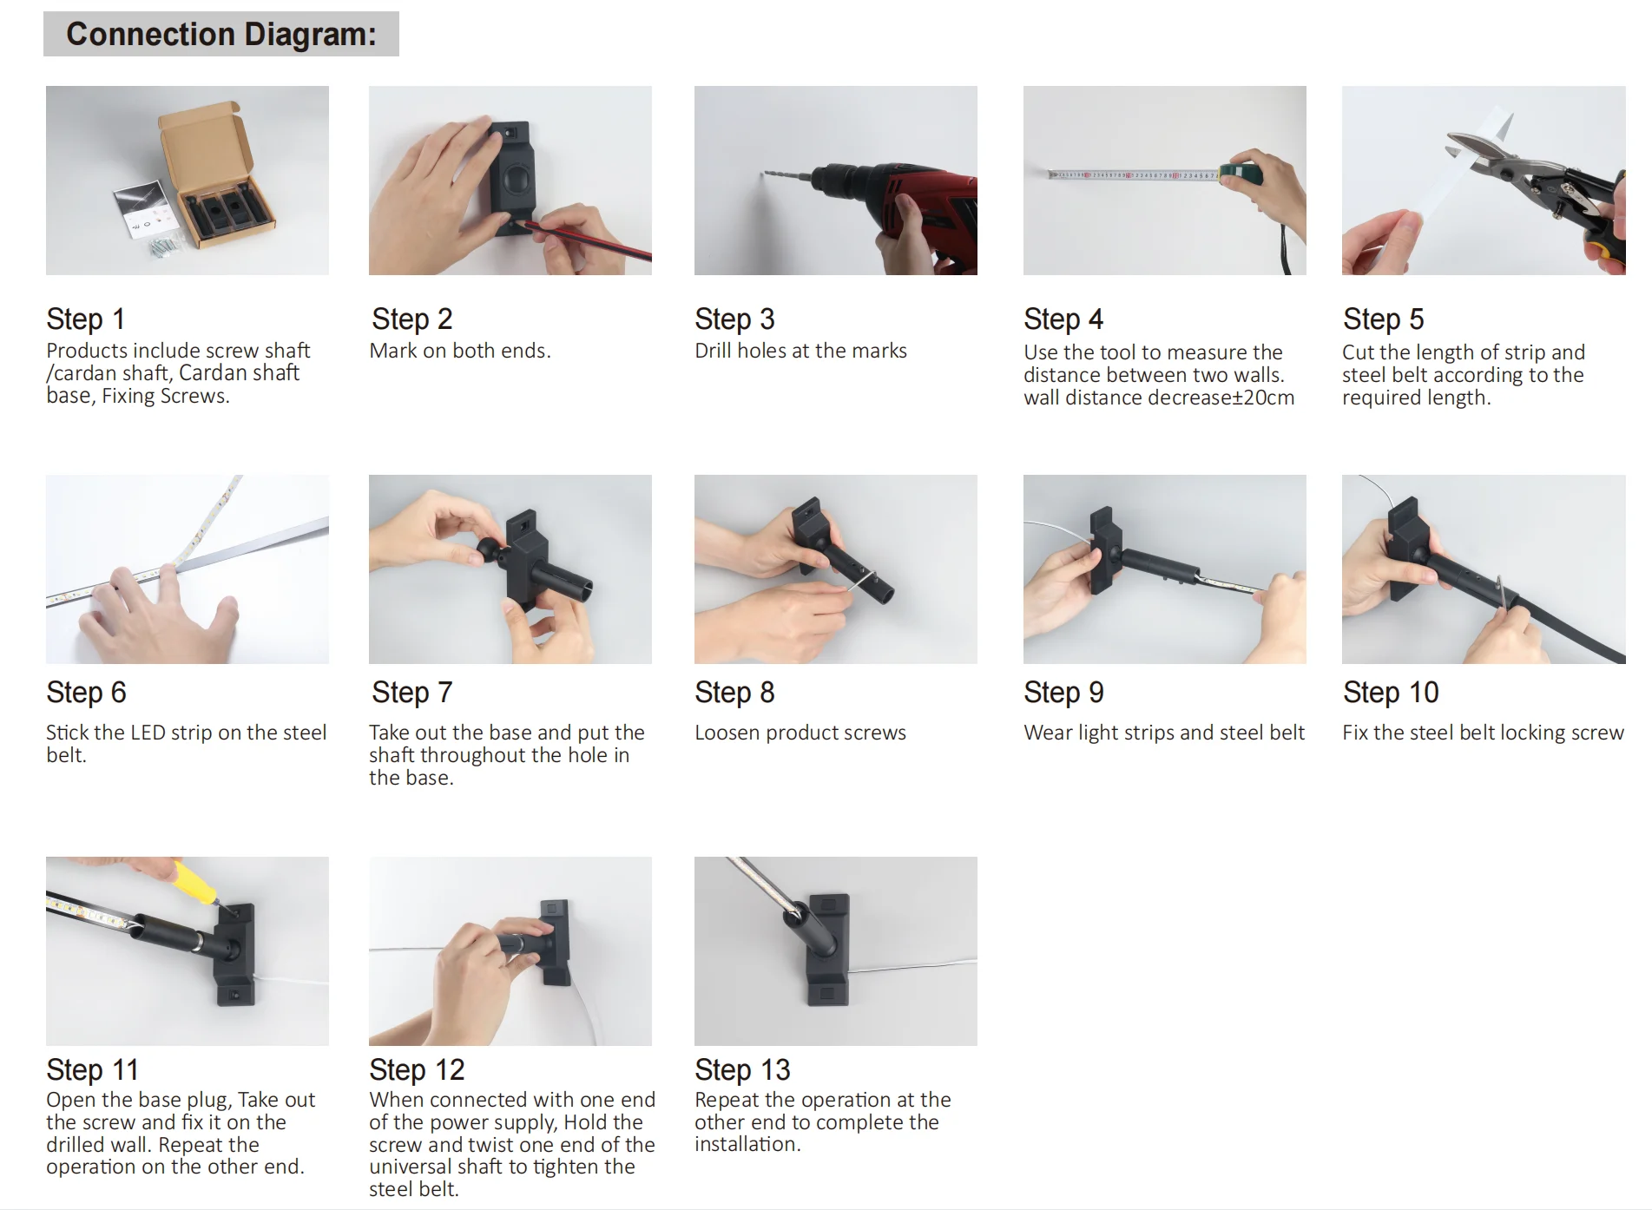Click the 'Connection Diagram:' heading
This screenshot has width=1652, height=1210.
click(221, 34)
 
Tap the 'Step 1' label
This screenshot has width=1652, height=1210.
click(85, 319)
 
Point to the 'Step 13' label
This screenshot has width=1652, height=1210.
click(742, 1069)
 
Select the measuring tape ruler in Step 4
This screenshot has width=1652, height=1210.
click(1134, 175)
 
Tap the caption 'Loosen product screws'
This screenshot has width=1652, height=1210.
click(800, 733)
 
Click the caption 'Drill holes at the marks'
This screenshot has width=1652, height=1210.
click(800, 351)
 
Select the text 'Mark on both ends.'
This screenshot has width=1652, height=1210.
click(460, 351)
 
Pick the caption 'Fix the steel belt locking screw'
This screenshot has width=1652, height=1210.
click(1483, 733)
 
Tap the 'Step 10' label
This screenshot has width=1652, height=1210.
click(1391, 692)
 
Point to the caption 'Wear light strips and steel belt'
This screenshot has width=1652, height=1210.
click(1164, 733)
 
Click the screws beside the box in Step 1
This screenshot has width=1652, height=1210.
click(164, 247)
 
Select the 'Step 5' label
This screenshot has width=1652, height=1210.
click(1383, 319)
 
